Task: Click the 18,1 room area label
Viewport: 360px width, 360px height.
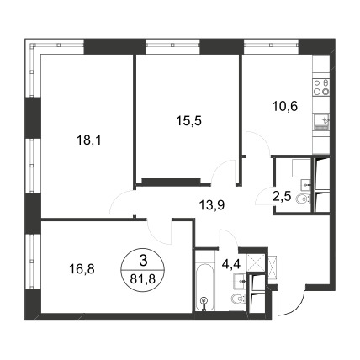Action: (88, 140)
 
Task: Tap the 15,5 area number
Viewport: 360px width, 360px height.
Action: (189, 121)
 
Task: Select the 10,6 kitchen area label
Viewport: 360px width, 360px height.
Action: (284, 107)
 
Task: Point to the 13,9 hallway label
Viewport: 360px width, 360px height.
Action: (212, 205)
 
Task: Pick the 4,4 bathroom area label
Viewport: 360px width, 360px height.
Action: (231, 264)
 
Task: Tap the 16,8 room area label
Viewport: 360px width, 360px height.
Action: (82, 269)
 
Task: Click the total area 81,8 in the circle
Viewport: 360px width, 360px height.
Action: (143, 279)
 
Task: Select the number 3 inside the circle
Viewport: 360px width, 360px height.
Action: (143, 262)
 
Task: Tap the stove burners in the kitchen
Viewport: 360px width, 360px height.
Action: (321, 87)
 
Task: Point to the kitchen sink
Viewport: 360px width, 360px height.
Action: (321, 122)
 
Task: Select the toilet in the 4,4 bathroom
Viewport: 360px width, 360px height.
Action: (238, 299)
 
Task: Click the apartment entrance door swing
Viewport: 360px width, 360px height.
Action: (292, 302)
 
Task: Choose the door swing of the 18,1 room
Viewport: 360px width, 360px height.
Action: (121, 202)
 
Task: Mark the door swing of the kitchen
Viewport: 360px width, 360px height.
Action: (257, 143)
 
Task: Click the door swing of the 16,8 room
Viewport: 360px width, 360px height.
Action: (159, 231)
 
